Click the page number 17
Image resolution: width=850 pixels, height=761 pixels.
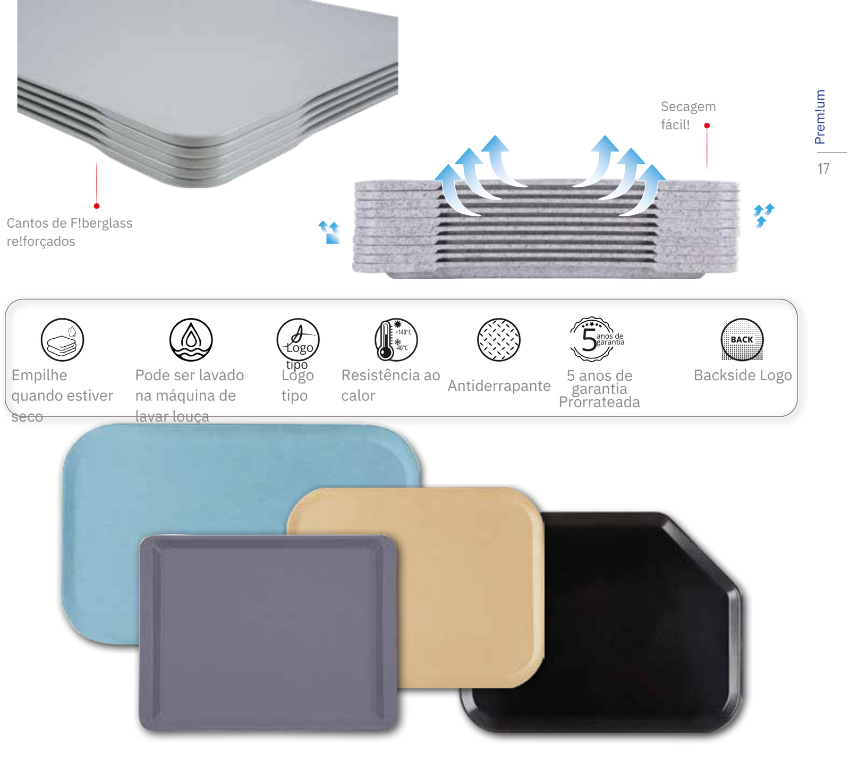823,169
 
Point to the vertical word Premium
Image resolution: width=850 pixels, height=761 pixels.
820,117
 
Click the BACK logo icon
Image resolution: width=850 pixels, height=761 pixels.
742,340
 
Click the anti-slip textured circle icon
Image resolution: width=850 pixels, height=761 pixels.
498,340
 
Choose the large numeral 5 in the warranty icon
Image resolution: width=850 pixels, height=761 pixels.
589,340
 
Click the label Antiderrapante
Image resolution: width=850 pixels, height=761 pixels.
498,386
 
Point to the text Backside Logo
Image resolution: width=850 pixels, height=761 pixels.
743,375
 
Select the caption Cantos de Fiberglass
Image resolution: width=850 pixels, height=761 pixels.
69,223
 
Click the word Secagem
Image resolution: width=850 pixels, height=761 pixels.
688,107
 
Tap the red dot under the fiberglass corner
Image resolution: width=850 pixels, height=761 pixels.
97,206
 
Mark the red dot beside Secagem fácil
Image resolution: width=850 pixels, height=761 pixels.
707,126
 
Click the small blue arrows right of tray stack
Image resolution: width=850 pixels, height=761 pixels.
763,215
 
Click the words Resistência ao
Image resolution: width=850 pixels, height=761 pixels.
390,375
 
